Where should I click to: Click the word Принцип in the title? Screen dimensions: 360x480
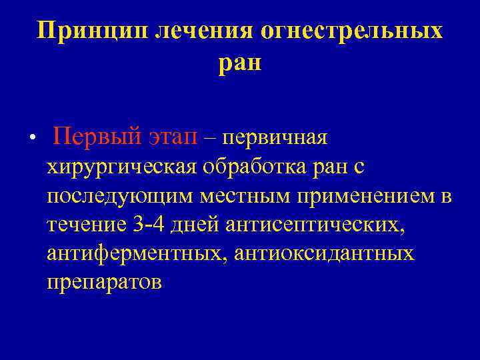tap(93, 31)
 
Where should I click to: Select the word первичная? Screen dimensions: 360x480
tap(275, 138)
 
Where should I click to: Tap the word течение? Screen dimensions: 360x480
tap(87, 225)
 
